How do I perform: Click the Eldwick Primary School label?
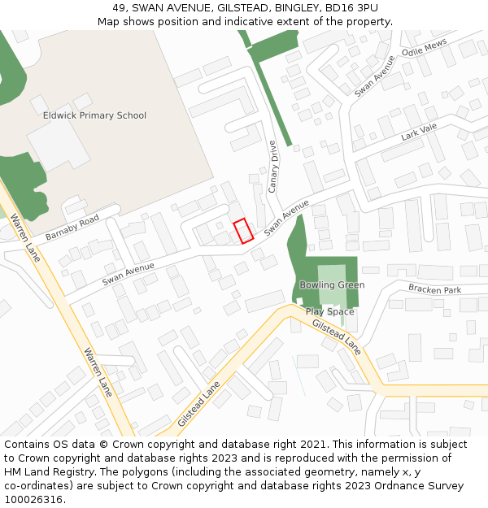click(x=94, y=115)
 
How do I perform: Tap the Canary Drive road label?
click(x=272, y=166)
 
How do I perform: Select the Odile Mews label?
click(x=424, y=51)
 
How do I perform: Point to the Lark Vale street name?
click(x=419, y=132)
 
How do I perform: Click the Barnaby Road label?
click(x=72, y=227)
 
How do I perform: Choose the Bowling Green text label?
click(x=332, y=285)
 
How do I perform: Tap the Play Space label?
click(x=330, y=311)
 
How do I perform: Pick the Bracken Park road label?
click(x=434, y=289)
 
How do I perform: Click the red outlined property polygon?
click(x=243, y=232)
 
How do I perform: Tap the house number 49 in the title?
click(x=120, y=7)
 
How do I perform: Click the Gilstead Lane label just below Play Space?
click(x=337, y=336)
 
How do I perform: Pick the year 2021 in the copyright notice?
click(x=316, y=444)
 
